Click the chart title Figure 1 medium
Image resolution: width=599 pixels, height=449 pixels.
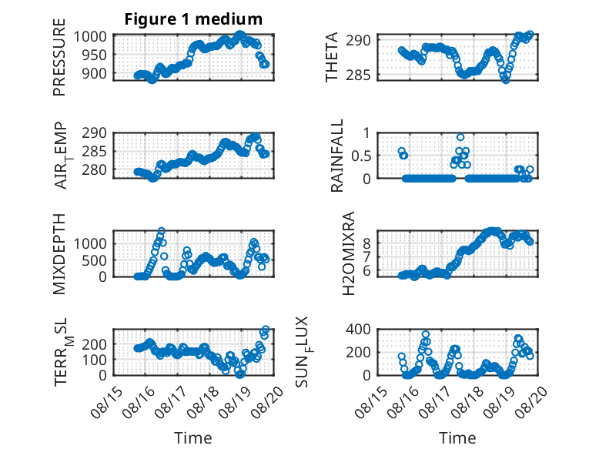click(193, 19)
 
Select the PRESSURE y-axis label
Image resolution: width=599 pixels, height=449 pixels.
click(59, 57)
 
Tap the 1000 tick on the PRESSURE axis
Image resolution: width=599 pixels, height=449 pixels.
click(90, 37)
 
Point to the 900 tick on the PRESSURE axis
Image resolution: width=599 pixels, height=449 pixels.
click(94, 73)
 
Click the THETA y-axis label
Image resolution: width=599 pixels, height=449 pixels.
click(332, 57)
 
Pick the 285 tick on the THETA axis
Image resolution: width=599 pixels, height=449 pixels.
click(358, 75)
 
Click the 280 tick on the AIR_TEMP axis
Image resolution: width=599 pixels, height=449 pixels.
click(94, 169)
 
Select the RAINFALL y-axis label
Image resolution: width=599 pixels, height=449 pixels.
click(337, 156)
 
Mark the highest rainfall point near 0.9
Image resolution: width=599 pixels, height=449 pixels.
click(460, 137)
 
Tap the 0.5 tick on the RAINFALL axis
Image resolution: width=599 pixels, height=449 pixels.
click(361, 156)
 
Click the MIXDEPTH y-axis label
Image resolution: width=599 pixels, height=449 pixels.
click(59, 254)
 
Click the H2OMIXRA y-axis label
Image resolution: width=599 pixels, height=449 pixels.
click(349, 253)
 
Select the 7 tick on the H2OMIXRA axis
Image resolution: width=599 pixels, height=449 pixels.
click(366, 256)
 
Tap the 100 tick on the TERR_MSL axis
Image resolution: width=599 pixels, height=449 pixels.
click(94, 360)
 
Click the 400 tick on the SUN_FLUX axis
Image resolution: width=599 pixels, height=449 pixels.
click(358, 329)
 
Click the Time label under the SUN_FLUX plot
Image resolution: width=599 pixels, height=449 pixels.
click(457, 437)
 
